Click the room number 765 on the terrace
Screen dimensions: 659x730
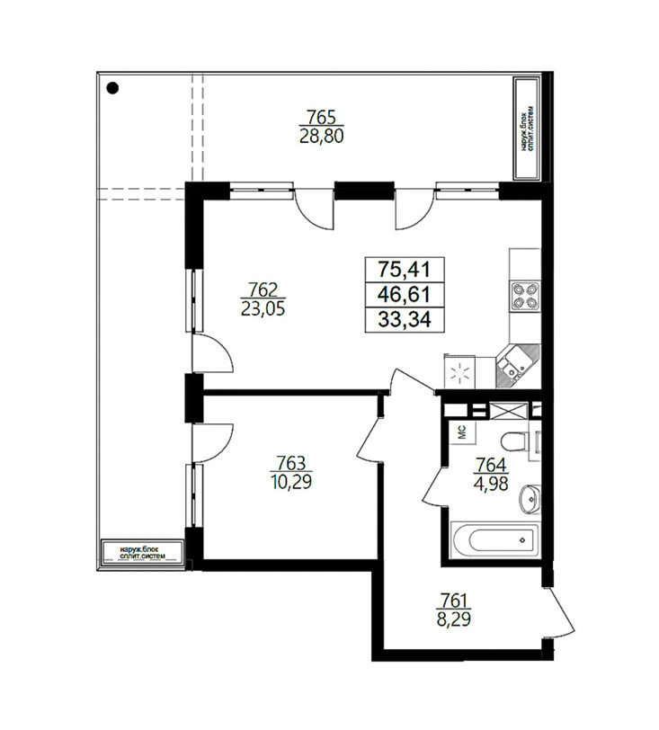[x=321, y=116]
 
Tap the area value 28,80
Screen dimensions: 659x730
[x=321, y=137]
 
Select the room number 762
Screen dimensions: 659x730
[x=263, y=289]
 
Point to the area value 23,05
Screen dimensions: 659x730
[x=263, y=308]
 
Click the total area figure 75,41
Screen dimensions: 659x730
[x=405, y=269]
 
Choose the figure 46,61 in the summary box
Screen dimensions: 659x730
[x=405, y=294]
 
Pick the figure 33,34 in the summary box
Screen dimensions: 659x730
[x=405, y=319]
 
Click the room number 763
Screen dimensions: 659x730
[x=291, y=463]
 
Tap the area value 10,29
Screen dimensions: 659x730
[x=291, y=482]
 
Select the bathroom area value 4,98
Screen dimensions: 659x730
[x=490, y=484]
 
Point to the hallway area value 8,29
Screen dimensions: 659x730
[x=454, y=619]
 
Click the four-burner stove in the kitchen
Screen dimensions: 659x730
[x=525, y=296]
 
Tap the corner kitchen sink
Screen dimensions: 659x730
[x=518, y=366]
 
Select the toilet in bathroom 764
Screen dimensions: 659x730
[x=515, y=441]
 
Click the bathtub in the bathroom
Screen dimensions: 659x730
[x=495, y=539]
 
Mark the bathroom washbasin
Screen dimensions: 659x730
[x=530, y=499]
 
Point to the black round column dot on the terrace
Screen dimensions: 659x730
[x=112, y=88]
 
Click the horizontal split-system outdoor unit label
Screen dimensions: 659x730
[x=142, y=553]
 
